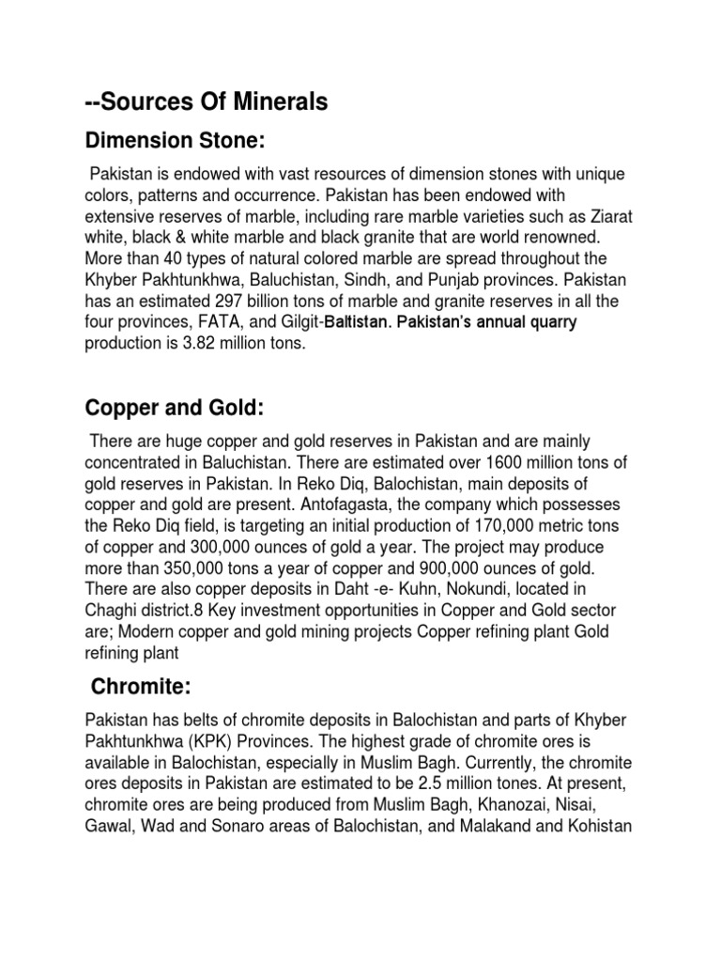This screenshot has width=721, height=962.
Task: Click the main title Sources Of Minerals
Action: pyautogui.click(x=206, y=102)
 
